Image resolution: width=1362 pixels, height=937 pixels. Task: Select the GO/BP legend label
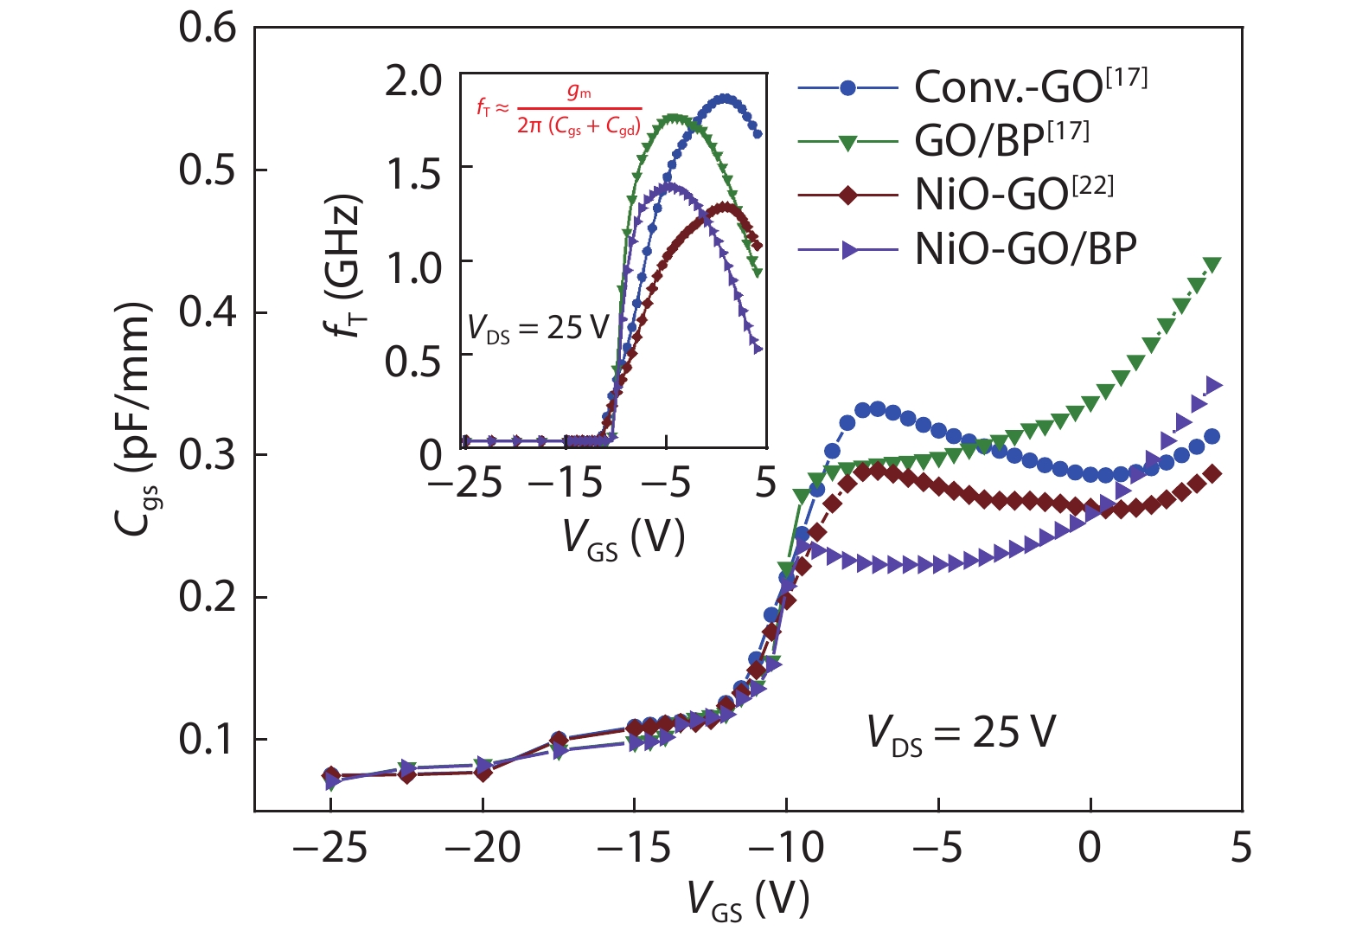[x=1001, y=140]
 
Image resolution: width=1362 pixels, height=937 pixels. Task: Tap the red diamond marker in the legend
[x=848, y=196]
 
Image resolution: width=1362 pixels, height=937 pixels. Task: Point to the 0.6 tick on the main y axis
[x=208, y=28]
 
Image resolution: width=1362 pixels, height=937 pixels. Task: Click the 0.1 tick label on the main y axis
[x=208, y=740]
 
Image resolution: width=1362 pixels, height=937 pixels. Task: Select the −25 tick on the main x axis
[x=329, y=848]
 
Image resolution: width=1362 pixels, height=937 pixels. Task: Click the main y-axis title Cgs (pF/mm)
[x=133, y=420]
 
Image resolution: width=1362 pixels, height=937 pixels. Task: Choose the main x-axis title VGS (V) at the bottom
[x=749, y=900]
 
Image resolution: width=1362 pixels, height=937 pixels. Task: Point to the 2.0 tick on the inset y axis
[x=413, y=82]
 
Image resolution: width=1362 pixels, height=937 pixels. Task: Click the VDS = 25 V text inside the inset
[x=538, y=329]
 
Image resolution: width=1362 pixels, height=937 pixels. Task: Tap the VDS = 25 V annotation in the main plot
[x=961, y=734]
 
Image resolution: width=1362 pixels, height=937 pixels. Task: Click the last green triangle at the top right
[x=1212, y=265]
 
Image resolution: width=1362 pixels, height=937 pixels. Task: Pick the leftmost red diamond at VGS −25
[x=330, y=775]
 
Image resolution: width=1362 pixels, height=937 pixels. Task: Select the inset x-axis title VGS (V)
[x=623, y=538]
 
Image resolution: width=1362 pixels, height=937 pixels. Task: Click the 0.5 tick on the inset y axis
[x=413, y=362]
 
